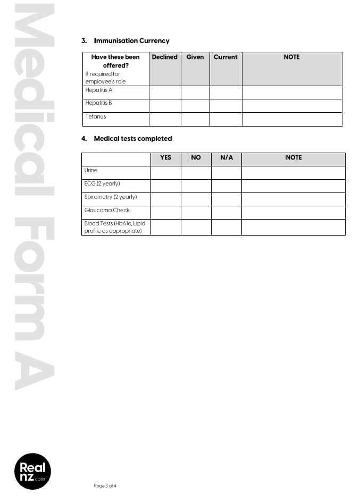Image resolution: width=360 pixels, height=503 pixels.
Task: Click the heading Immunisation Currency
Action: (131, 41)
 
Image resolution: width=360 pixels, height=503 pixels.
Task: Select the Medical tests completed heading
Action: (132, 139)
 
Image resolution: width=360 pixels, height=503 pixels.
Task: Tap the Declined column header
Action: (164, 57)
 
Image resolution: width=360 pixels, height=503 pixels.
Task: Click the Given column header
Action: (195, 57)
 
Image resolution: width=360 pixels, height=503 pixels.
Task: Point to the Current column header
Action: (225, 57)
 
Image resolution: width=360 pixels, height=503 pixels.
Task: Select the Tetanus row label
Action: (96, 116)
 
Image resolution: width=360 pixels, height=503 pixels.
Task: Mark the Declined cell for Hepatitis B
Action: (164, 106)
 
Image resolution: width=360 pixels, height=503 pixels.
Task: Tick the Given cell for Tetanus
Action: (195, 119)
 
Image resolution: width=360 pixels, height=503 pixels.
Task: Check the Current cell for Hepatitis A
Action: (225, 93)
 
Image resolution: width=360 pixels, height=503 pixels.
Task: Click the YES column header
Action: (165, 158)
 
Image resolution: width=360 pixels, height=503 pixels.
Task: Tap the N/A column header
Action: (226, 158)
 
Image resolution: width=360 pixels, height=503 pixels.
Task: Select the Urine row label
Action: (91, 171)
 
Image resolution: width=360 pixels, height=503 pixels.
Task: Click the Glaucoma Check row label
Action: (107, 210)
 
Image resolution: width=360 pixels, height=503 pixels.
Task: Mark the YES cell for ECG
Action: (165, 186)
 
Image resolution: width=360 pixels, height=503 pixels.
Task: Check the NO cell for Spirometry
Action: (196, 199)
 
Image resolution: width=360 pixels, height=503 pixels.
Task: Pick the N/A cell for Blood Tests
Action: (226, 227)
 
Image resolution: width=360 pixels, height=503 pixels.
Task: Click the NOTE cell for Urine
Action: (293, 173)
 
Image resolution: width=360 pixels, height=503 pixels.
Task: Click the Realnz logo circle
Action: (32, 472)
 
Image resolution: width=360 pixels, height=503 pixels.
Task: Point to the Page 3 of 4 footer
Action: (105, 486)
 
